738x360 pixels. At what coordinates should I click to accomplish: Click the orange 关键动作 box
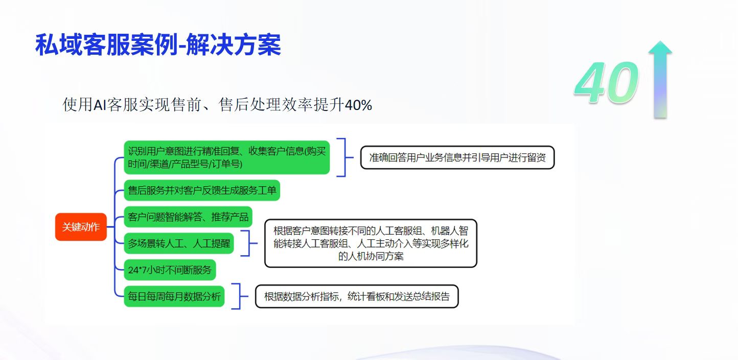(81, 227)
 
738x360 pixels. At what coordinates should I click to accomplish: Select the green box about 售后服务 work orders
(202, 190)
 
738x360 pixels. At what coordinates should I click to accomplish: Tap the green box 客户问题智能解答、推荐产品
(188, 217)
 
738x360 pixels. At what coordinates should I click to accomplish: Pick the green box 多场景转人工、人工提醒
(179, 243)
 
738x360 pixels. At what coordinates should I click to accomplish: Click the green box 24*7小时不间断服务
(170, 269)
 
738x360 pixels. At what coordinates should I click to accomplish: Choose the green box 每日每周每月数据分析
(174, 297)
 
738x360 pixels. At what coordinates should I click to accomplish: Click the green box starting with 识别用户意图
(227, 157)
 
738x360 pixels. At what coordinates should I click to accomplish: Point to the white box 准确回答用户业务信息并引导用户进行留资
(457, 157)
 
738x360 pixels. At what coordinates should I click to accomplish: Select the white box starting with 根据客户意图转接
(371, 243)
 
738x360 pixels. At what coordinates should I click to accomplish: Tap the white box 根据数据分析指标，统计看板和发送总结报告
(357, 297)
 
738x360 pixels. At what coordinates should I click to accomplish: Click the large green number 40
(606, 82)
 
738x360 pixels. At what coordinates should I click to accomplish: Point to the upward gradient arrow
(660, 79)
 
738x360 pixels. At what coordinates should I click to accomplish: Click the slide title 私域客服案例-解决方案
(158, 45)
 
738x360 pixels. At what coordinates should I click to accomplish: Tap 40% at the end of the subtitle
(358, 105)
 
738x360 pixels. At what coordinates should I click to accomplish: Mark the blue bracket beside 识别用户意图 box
(345, 157)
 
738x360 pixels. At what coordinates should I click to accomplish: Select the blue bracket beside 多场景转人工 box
(249, 243)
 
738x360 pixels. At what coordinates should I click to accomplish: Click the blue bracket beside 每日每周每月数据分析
(240, 297)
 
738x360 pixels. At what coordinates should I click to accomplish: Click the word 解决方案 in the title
(233, 45)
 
